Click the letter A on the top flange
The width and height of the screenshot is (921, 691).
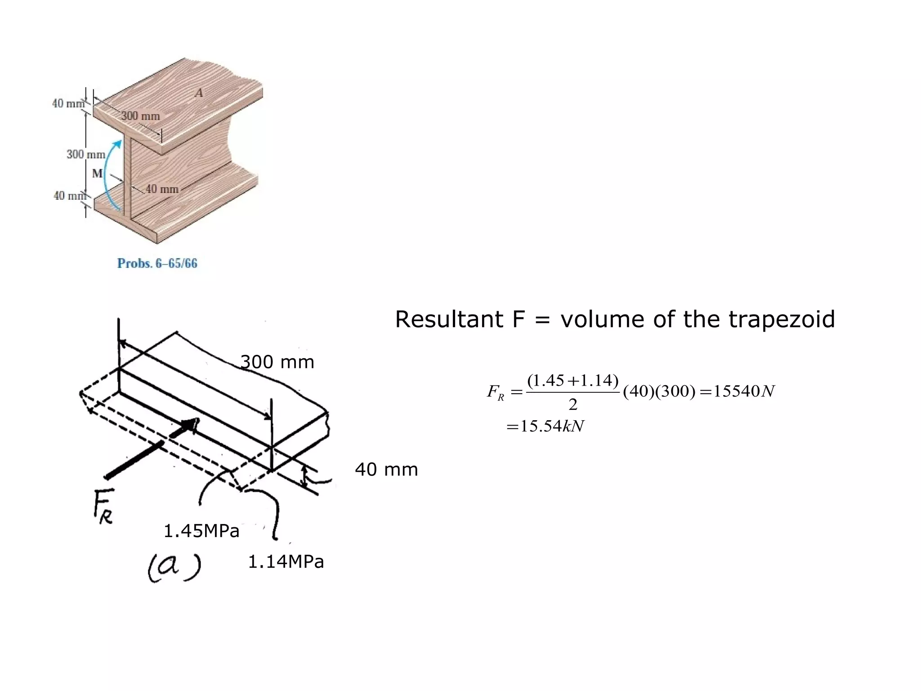199,93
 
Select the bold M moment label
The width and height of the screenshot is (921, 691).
97,173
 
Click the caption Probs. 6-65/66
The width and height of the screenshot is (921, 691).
157,263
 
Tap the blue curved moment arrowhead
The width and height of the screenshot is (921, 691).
117,144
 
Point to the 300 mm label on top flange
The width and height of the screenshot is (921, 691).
140,116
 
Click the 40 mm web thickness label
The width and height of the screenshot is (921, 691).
162,189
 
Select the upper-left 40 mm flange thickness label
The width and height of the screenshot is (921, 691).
68,103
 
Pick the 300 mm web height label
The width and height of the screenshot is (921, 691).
85,154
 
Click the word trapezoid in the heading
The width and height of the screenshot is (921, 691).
782,319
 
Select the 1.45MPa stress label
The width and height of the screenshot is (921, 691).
201,531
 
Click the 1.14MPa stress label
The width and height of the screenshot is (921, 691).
286,562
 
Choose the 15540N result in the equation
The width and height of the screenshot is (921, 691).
744,391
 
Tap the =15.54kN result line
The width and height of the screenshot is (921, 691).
545,426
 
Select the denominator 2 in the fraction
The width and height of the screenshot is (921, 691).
572,405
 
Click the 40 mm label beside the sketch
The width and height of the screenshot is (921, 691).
386,470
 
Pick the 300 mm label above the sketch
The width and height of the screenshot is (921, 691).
277,362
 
